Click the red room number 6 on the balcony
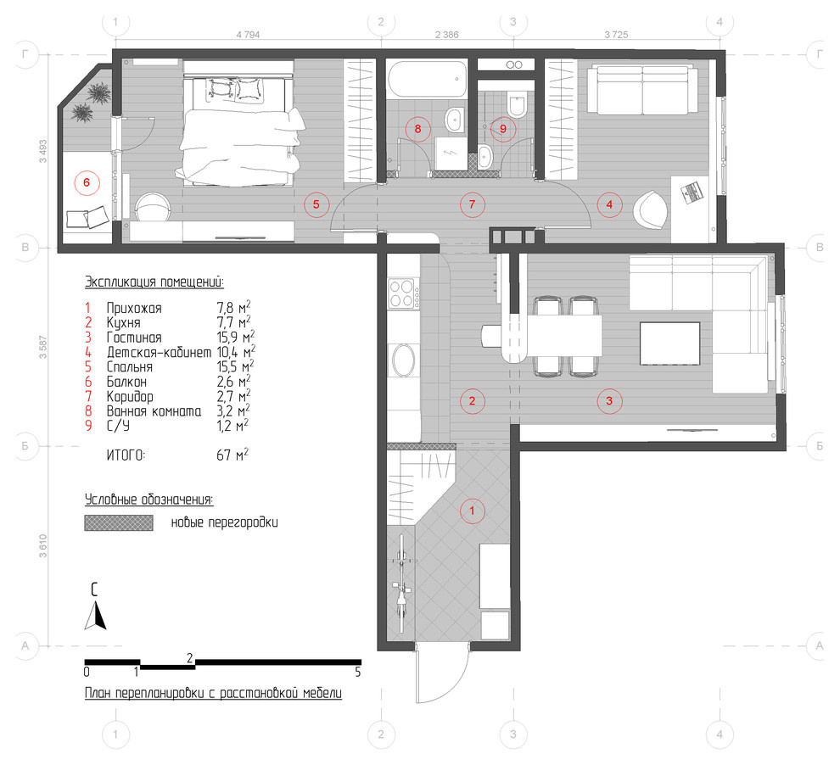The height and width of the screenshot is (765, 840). [x=87, y=183]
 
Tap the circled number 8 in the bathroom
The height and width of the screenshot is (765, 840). [x=417, y=128]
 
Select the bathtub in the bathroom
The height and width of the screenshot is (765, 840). [x=427, y=79]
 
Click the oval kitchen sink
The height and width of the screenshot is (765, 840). [x=404, y=360]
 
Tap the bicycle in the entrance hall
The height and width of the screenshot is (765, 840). [x=401, y=585]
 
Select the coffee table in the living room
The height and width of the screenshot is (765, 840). [x=669, y=343]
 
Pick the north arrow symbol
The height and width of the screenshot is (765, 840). [x=95, y=616]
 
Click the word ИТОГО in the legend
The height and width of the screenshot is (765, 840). [x=126, y=455]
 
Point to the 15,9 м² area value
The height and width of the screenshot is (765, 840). [x=236, y=338]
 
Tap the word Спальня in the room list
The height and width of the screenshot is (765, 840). [x=130, y=367]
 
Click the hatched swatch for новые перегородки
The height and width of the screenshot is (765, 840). [x=119, y=522]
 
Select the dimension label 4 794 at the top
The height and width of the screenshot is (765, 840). [x=248, y=35]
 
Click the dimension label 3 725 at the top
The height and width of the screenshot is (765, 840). [x=616, y=35]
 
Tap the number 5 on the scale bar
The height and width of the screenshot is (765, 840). [x=358, y=672]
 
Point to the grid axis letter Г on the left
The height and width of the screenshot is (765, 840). [x=25, y=54]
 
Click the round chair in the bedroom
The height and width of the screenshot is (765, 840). [x=152, y=207]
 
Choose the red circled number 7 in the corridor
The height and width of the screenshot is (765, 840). [x=472, y=204]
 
